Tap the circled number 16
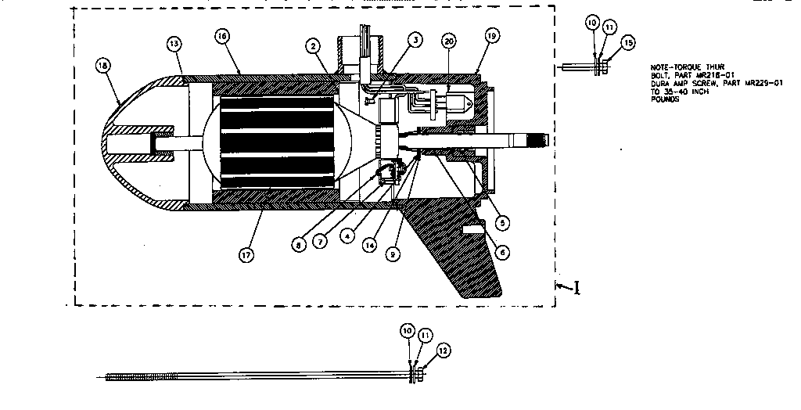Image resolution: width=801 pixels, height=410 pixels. (x=222, y=36)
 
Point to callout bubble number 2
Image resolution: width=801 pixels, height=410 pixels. (x=313, y=46)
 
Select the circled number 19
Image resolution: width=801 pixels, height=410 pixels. (x=491, y=36)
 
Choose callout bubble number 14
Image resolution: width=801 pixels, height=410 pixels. (x=370, y=244)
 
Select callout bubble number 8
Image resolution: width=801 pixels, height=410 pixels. (x=298, y=243)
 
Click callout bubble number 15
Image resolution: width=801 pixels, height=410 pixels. (x=627, y=41)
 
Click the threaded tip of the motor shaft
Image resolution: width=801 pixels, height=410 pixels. (x=539, y=140)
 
